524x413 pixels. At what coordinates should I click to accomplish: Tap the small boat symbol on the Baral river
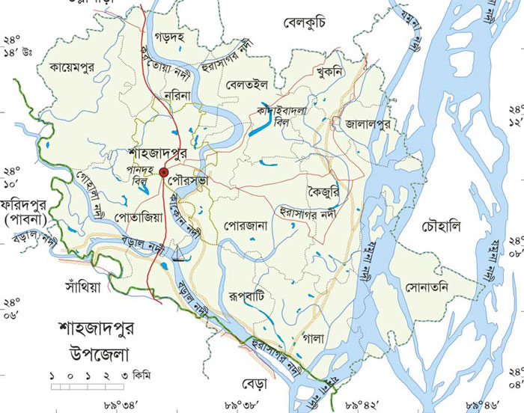tap(179, 256)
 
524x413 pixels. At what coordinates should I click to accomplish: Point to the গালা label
tap(314, 338)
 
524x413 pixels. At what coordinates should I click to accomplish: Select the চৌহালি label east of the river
tap(442, 225)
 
